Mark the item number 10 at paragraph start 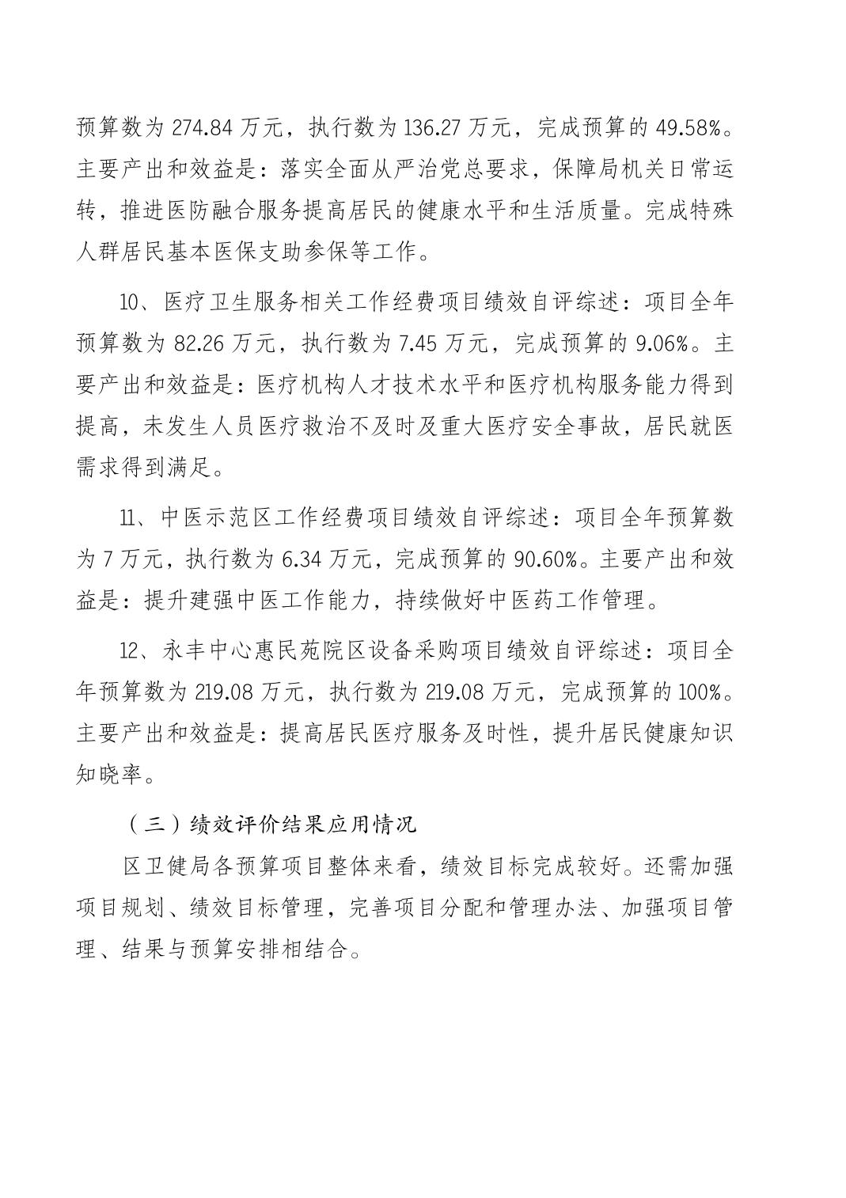coord(128,301)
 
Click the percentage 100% coord(699,692)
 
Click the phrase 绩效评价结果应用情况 coord(303,825)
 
